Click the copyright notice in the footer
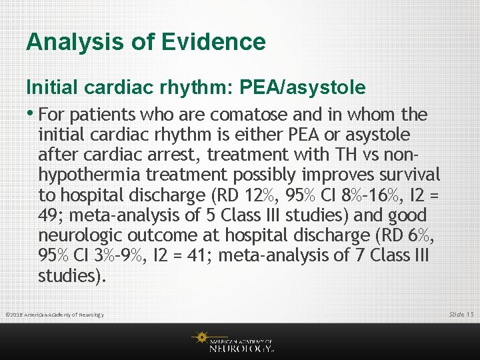55,315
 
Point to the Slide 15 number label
461,314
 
